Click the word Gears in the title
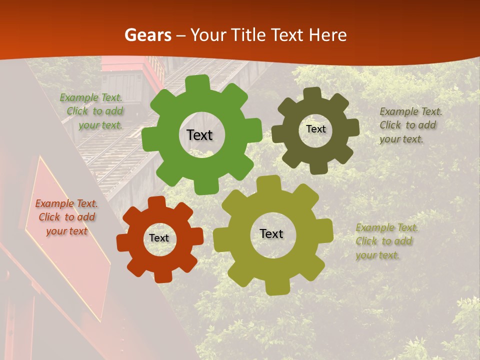[147, 35]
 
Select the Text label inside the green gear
[199, 135]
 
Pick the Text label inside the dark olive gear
[315, 129]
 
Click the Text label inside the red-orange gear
[159, 238]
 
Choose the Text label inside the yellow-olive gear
[271, 233]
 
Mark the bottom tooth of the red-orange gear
[163, 276]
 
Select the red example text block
[66, 217]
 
